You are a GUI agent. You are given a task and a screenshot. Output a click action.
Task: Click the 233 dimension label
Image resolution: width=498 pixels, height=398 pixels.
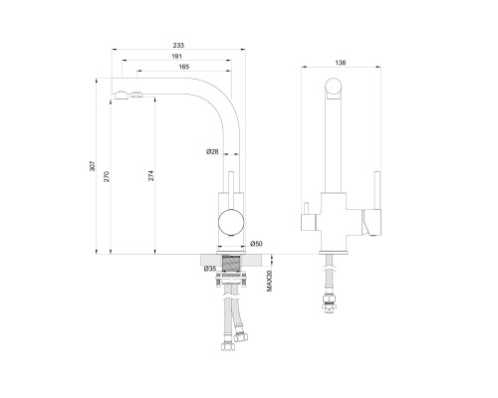(178, 45)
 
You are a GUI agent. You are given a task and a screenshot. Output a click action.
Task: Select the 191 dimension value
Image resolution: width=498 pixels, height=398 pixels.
(176, 57)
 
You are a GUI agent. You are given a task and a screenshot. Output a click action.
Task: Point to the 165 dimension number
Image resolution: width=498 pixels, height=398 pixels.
(184, 67)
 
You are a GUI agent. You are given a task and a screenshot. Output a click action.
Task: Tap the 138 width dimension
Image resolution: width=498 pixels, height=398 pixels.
(341, 63)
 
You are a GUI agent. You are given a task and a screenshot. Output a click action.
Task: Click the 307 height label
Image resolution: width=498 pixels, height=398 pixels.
(93, 166)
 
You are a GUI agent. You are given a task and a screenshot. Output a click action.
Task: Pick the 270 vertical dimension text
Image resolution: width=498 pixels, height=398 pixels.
(107, 176)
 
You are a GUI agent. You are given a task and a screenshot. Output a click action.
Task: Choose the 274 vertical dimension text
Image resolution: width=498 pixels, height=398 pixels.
(150, 175)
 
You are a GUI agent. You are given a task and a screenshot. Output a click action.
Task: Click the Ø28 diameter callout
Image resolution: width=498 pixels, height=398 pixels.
(212, 151)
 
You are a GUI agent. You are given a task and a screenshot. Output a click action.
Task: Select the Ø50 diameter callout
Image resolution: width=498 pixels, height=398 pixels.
(256, 244)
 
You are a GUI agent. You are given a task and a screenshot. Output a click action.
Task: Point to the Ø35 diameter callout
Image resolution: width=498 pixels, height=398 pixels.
(210, 269)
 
